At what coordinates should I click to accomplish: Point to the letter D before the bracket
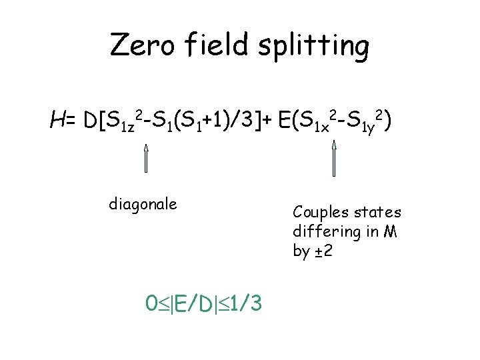coord(90,121)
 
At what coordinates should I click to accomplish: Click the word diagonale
coord(143,203)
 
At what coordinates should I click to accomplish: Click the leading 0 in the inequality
coord(151,305)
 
